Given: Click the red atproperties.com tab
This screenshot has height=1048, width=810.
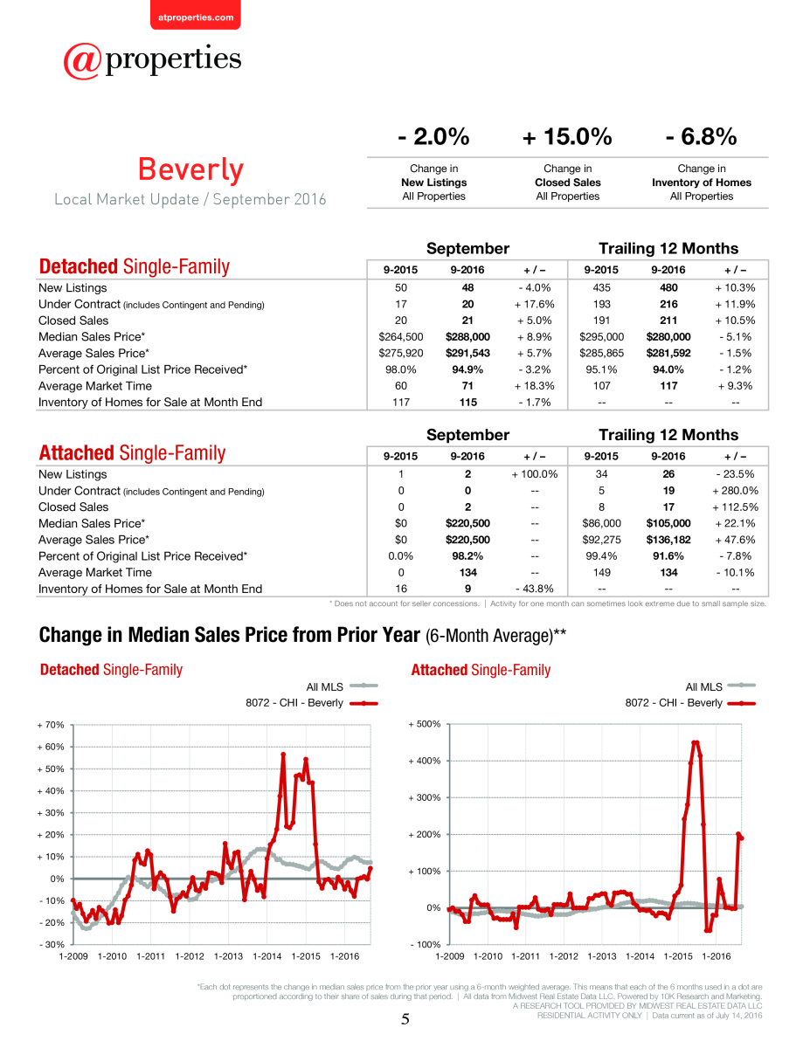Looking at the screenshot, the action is coord(196,15).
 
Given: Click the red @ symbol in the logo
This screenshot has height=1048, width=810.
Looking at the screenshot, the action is coord(82,61).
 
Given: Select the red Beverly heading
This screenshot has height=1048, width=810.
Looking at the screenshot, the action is coord(191,169).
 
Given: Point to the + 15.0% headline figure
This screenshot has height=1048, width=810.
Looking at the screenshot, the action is coord(567,136).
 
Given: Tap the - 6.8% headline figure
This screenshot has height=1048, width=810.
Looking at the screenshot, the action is coord(701,136).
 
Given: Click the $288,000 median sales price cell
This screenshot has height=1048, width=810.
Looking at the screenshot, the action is coord(467,336).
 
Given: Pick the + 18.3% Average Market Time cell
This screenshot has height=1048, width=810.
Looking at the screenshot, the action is coord(534,386).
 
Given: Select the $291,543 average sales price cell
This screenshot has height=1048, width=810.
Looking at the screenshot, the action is coord(467,353).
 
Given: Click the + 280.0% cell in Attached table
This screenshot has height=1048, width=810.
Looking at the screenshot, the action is coord(735,491).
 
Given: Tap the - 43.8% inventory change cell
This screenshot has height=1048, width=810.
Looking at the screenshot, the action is coord(534,589).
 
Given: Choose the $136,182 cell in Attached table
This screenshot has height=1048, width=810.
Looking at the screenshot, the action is coord(668,540).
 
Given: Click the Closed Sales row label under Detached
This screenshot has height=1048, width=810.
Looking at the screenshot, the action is coord(73,321).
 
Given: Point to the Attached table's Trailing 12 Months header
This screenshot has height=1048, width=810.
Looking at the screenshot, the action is coord(668,435).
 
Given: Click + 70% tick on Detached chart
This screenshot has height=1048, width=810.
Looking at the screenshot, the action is coord(51,725).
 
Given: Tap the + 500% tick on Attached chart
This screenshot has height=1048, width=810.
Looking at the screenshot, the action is coord(424,724).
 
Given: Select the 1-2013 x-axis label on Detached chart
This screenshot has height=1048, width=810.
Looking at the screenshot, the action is coord(228,956).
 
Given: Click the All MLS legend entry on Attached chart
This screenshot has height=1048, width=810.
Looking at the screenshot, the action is coord(720,686).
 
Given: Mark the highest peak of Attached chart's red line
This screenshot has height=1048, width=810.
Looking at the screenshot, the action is coord(696,742).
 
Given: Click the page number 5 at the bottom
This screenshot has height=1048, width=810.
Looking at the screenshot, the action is coord(405,1019).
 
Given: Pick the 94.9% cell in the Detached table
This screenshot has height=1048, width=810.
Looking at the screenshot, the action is coord(467,369).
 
